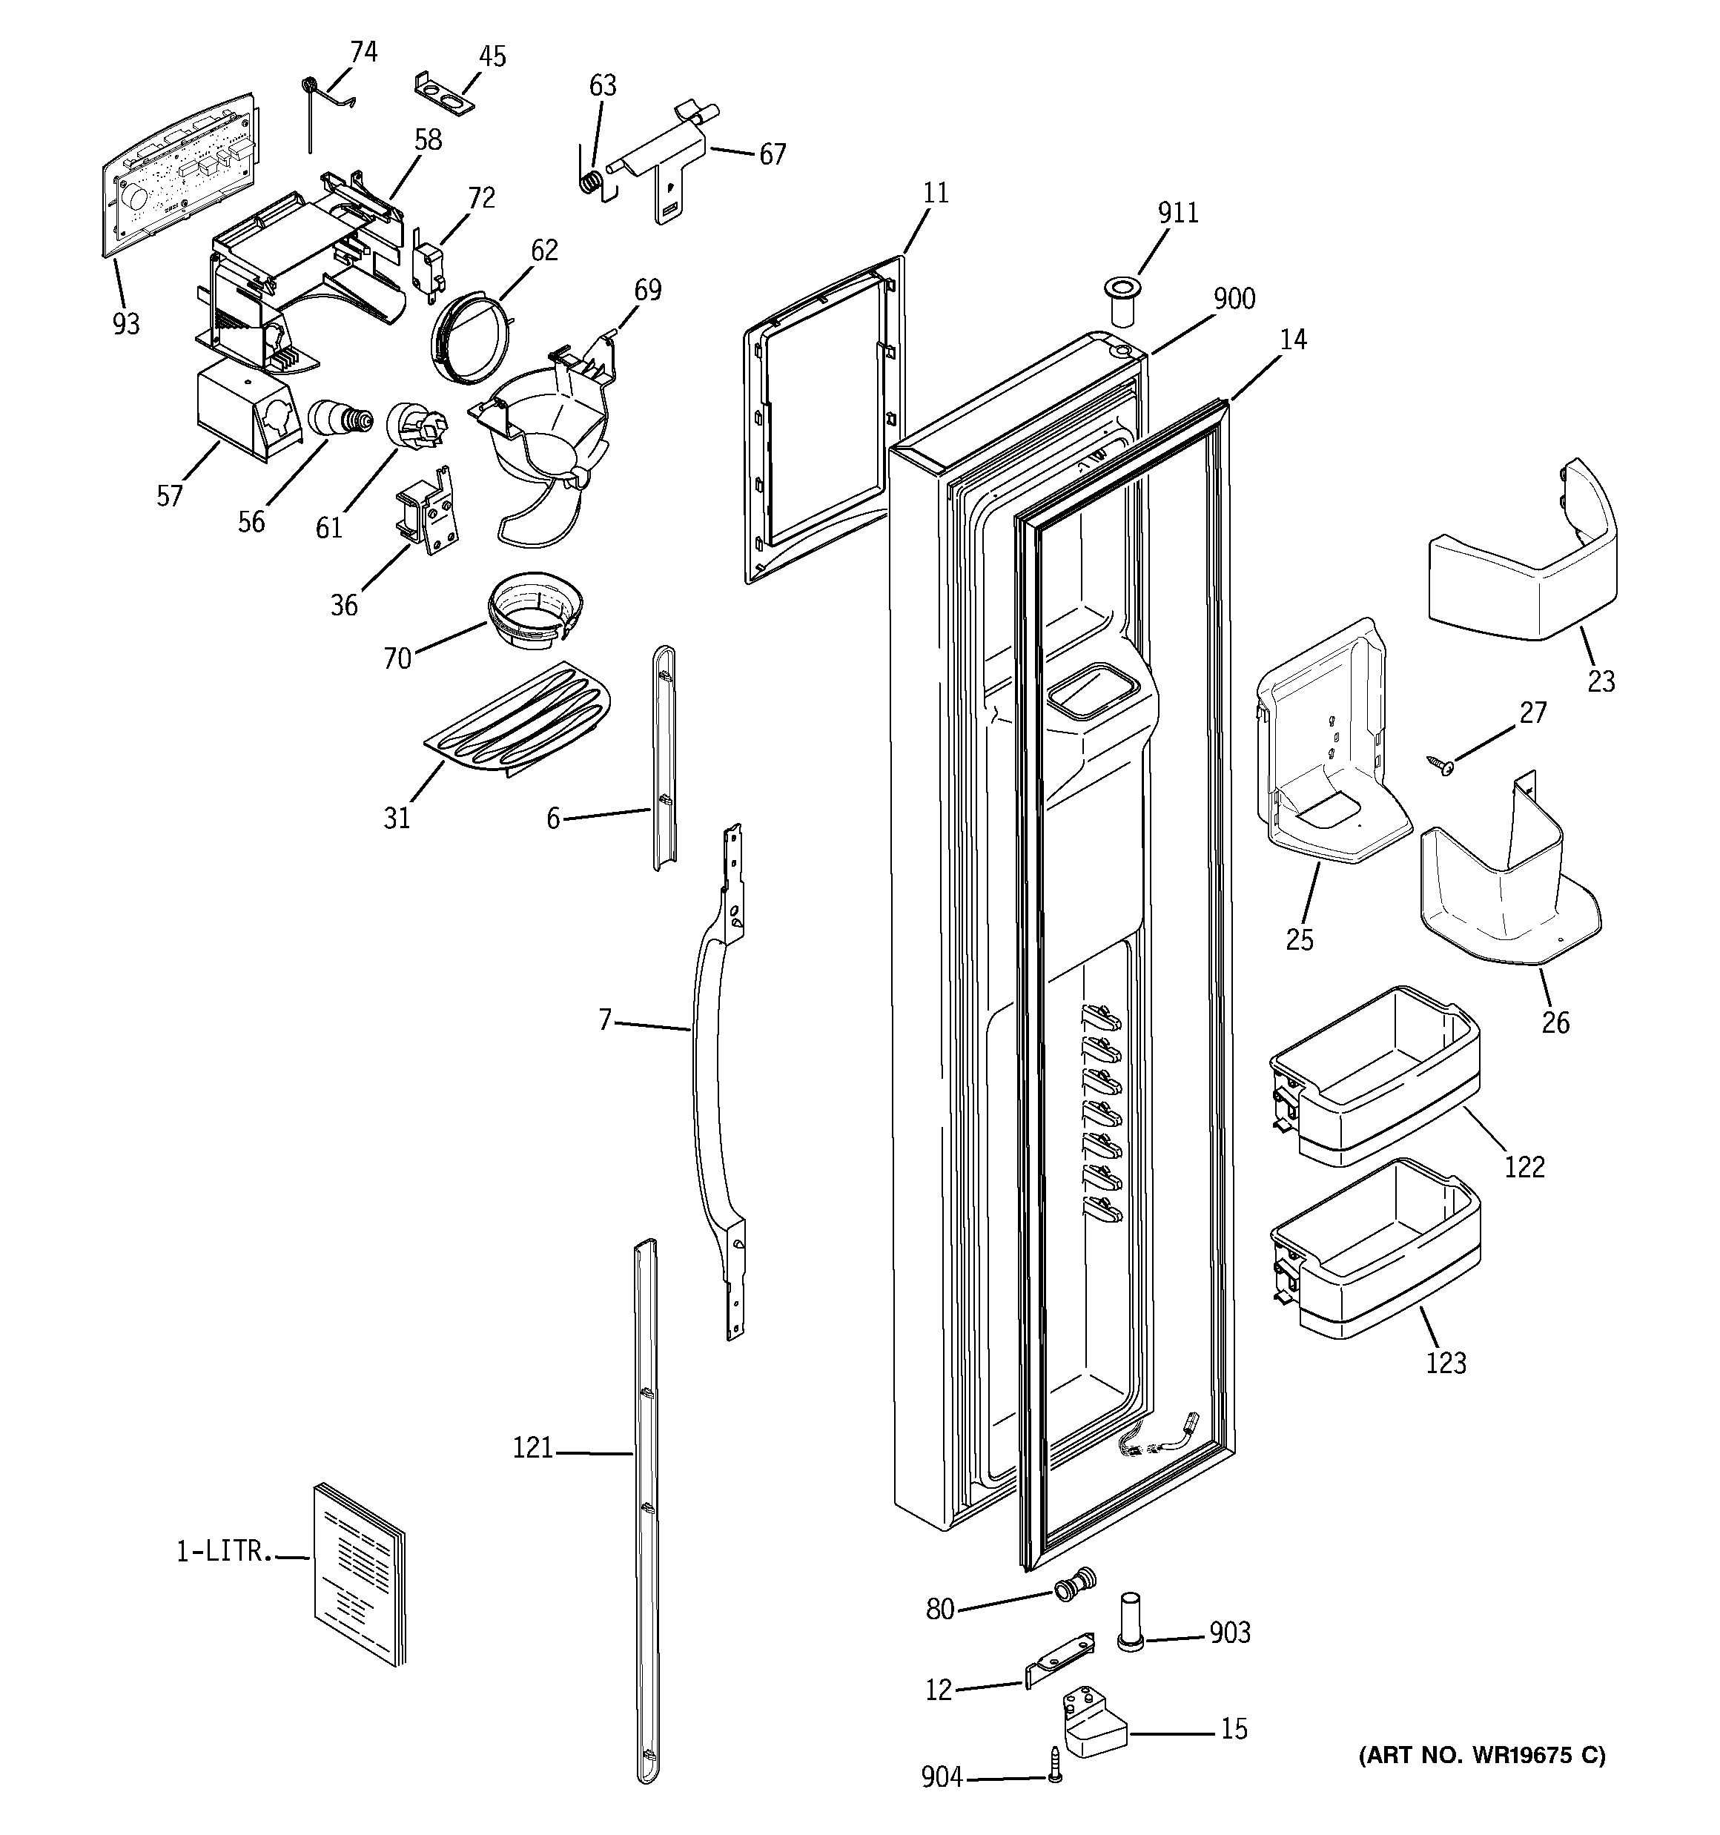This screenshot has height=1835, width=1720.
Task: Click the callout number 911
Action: pos(1177,214)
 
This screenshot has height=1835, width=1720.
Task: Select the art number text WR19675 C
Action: pos(1482,1755)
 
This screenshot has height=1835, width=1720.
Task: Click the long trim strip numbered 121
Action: pos(647,1514)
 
